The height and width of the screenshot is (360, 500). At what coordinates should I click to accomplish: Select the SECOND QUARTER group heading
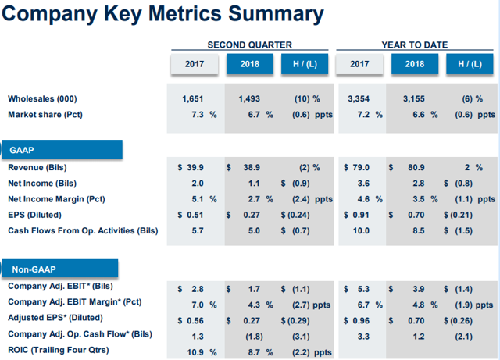pyautogui.click(x=250, y=45)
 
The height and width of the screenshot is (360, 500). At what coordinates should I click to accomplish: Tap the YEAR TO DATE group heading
pyautogui.click(x=415, y=45)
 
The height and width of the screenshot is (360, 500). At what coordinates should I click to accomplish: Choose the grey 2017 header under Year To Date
pyautogui.click(x=359, y=64)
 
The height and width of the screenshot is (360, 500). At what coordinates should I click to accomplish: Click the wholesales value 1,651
pyautogui.click(x=191, y=99)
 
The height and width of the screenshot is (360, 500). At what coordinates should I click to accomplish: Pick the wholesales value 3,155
pyautogui.click(x=415, y=99)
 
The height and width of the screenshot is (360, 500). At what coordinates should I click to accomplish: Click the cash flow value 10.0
pyautogui.click(x=360, y=230)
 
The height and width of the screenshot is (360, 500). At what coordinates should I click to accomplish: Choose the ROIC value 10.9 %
pyautogui.click(x=197, y=351)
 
